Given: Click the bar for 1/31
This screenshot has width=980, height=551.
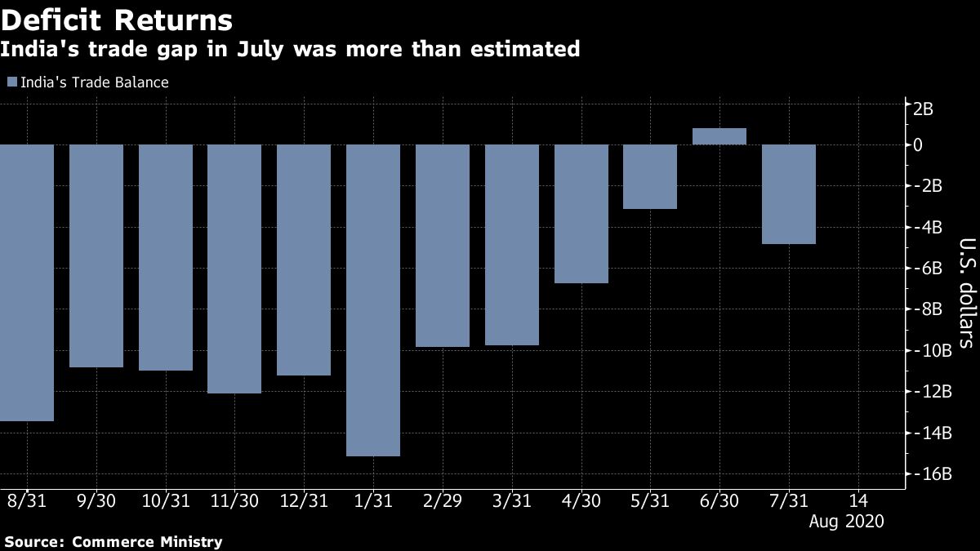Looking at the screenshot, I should pos(373,300).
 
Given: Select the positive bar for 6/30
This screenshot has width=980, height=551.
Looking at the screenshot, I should pos(719,136).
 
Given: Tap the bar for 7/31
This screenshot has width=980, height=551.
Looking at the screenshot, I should pos(789,194).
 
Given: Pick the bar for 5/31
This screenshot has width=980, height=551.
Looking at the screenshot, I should pos(650,176).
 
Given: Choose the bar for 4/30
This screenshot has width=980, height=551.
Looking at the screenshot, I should pos(581,214).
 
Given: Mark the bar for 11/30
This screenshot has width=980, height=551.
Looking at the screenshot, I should pos(234,269).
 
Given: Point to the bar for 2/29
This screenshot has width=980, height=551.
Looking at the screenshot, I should pos(443,246).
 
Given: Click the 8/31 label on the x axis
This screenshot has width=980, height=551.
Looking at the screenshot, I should pos(28,500).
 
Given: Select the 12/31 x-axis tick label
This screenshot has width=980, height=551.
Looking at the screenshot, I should pos(304,500).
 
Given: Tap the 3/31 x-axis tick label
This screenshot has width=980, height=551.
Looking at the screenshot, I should pos(512,500).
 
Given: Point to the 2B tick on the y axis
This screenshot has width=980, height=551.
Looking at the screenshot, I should pos(924,109).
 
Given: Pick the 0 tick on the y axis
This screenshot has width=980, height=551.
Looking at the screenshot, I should pos(918,144).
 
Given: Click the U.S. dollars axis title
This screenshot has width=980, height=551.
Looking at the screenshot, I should pos(966,292).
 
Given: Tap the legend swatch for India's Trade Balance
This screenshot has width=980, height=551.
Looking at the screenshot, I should pos(11,82).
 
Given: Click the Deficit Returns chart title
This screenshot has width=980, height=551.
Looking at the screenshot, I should pos(116,20).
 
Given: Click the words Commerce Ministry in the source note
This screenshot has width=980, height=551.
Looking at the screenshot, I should pos(147,541).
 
